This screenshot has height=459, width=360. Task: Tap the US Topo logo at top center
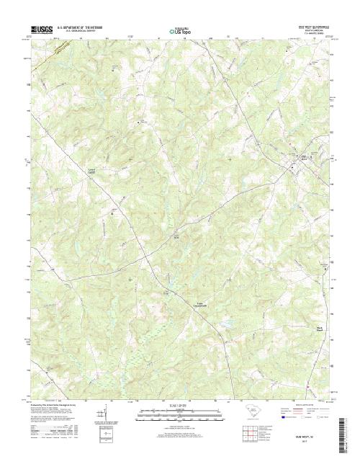click(x=179, y=31)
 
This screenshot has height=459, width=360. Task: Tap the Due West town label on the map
click(x=305, y=158)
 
